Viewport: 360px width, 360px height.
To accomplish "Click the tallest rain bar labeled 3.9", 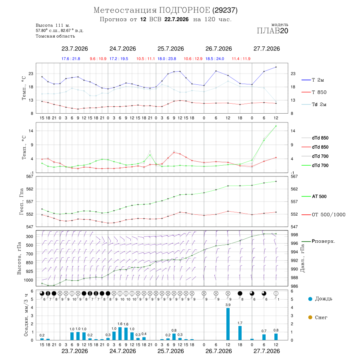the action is pos(228,324).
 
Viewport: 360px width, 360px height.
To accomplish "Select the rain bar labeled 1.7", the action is pos(240,333).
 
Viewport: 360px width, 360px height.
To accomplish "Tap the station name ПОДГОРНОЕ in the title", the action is pos(184,10).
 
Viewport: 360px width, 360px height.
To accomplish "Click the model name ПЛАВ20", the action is pos(272,31).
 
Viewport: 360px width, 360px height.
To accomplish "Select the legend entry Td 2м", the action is pos(314,104).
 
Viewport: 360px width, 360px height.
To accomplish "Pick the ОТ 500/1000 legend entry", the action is pos(323,215).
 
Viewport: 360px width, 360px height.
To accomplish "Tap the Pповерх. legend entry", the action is pos(318,241).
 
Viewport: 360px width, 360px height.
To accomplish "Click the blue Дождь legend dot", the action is pos(310,299).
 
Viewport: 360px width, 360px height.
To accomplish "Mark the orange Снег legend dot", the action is pos(310,317).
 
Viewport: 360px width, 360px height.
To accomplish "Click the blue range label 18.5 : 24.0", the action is pos(215,59).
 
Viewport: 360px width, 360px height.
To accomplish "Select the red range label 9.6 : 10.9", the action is pos(98,59).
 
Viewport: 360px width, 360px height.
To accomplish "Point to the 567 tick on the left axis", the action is pos(30,176).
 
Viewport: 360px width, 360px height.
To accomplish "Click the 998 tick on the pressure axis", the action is pos(294,235).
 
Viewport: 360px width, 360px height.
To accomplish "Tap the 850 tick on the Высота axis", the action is pos(29,263).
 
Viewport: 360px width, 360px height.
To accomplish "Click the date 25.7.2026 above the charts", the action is pos(170,49).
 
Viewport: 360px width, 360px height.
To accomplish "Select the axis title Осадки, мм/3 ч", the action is pos(26,315).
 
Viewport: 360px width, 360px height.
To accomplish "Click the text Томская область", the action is pos(55,36).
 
